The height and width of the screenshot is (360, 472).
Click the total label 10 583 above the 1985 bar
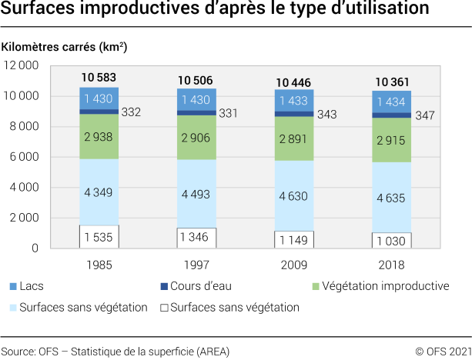[99, 78]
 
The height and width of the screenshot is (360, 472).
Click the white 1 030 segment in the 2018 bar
[392, 240]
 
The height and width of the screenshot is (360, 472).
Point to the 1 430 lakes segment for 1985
[99, 98]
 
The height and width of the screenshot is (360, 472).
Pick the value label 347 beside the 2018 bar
[424, 116]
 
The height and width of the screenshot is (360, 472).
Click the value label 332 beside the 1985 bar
[130, 112]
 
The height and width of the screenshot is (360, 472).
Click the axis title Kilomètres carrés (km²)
[65, 47]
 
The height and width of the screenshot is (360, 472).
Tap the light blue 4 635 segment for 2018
[392, 196]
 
